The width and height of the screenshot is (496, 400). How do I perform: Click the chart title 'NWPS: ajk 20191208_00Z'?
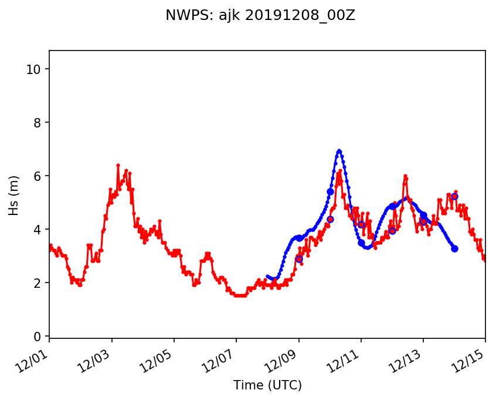pos(260,16)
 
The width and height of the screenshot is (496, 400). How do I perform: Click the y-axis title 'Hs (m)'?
pos(13,195)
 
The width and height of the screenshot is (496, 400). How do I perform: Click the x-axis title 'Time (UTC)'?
pos(267,385)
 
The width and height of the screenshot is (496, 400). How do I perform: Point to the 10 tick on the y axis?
pos(36,69)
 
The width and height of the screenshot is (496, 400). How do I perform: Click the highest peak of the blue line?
pos(339,151)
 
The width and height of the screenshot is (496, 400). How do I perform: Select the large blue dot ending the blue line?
pos(454,248)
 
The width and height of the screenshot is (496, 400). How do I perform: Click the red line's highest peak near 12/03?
pos(118,165)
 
